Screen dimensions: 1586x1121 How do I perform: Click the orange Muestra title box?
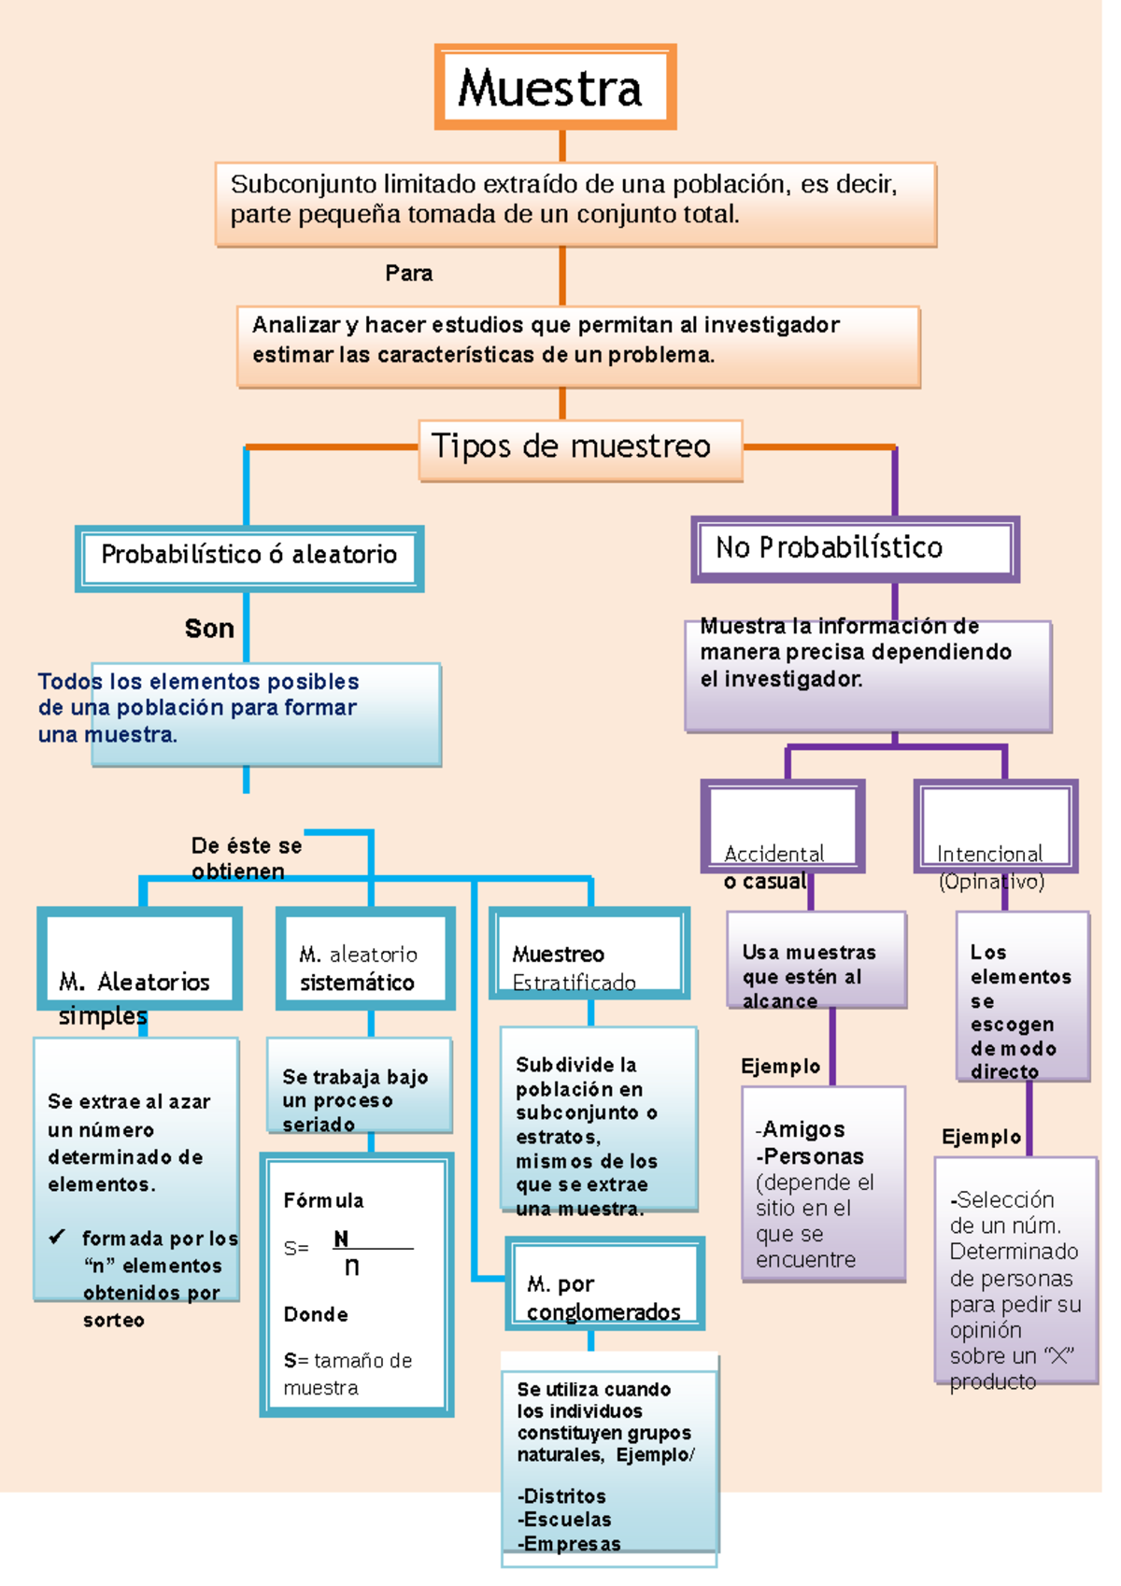click(555, 87)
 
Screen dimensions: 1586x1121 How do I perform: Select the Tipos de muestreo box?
click(580, 449)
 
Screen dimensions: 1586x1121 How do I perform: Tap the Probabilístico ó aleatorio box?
click(248, 558)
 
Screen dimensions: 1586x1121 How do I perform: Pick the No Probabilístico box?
click(854, 548)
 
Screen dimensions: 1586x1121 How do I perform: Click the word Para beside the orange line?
click(408, 274)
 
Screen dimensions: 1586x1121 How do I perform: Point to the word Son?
click(209, 629)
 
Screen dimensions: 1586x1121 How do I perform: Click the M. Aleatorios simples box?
click(139, 958)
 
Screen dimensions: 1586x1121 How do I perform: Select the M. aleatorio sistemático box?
click(365, 958)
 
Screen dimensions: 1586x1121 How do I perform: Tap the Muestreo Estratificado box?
click(589, 954)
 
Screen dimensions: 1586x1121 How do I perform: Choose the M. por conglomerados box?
click(604, 1283)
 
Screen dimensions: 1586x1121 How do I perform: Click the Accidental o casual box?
click(782, 827)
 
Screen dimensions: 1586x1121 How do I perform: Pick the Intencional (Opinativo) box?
click(995, 827)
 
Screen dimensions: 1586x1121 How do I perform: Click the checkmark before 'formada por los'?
click(57, 1237)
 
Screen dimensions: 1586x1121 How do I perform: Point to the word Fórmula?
click(323, 1200)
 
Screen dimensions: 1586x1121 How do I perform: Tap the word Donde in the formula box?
click(316, 1314)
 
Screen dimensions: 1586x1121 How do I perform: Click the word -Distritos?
click(561, 1495)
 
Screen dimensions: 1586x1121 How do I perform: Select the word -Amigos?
click(801, 1129)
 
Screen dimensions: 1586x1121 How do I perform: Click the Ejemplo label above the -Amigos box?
click(780, 1067)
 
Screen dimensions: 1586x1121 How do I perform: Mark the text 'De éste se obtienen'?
click(246, 858)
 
